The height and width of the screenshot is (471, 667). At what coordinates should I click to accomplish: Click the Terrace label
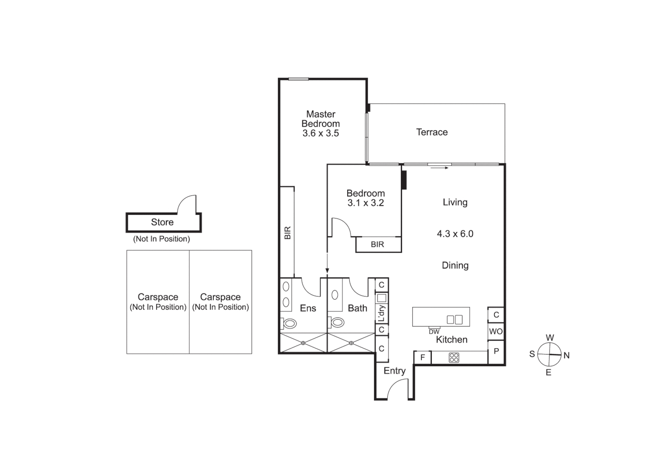pos(431,132)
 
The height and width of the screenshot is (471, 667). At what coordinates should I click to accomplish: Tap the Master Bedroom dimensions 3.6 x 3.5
pos(321,133)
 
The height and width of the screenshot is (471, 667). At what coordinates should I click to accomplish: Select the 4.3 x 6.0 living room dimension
pos(455,234)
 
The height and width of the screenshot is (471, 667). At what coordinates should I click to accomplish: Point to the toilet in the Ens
pos(290,323)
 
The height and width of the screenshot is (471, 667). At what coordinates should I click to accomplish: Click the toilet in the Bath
pos(337,323)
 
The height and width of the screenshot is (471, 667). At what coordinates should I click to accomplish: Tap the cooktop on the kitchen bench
pos(454,358)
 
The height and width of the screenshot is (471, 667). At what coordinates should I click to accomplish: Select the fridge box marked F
pos(422,358)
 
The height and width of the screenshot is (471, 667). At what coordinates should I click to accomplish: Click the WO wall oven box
pos(496,331)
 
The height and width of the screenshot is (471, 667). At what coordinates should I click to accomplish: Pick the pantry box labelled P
pos(496,351)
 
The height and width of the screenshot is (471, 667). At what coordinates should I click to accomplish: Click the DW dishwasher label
pos(434,332)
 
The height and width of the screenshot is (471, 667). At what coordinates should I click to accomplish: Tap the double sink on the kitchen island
pos(454,320)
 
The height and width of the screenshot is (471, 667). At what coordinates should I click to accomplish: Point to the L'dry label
pos(381,313)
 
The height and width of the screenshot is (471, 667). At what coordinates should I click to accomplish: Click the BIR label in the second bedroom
pos(377,245)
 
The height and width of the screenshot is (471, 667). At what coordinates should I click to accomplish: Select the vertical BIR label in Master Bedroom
pos(287,232)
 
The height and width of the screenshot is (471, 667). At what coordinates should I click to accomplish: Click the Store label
pos(162,222)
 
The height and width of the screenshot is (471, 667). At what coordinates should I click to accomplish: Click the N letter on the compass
pos(566,355)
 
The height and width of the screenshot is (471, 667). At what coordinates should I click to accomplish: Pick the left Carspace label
pos(158,297)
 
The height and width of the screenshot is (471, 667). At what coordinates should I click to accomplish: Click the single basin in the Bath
pos(335,295)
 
